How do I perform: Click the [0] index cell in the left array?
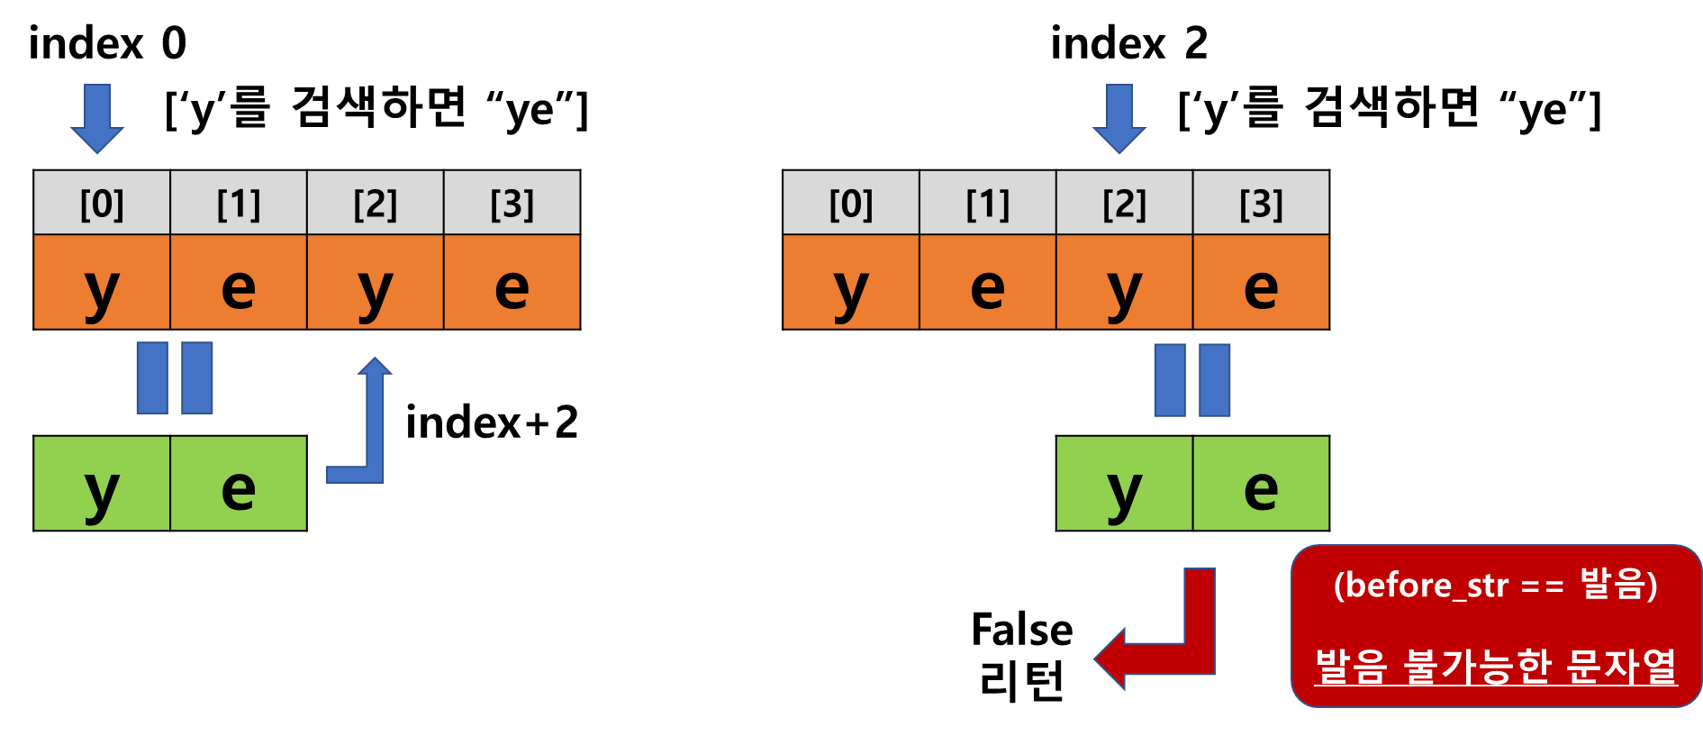(102, 204)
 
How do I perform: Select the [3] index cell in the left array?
(512, 204)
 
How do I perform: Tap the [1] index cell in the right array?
(987, 204)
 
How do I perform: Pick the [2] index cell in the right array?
(1124, 204)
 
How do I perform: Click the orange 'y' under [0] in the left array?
(102, 283)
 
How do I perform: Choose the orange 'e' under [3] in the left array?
(512, 283)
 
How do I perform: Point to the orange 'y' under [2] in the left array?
(375, 283)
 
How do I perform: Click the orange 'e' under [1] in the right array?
(987, 283)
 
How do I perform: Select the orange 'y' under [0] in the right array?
(851, 283)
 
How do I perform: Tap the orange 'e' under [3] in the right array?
(1261, 283)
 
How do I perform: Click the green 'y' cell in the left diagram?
(102, 484)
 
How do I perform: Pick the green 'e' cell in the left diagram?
(239, 484)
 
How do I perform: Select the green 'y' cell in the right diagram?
(1124, 484)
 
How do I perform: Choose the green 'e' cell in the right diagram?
(1261, 484)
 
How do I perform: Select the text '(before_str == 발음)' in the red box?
(1495, 586)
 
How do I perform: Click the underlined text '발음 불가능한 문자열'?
(1495, 667)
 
